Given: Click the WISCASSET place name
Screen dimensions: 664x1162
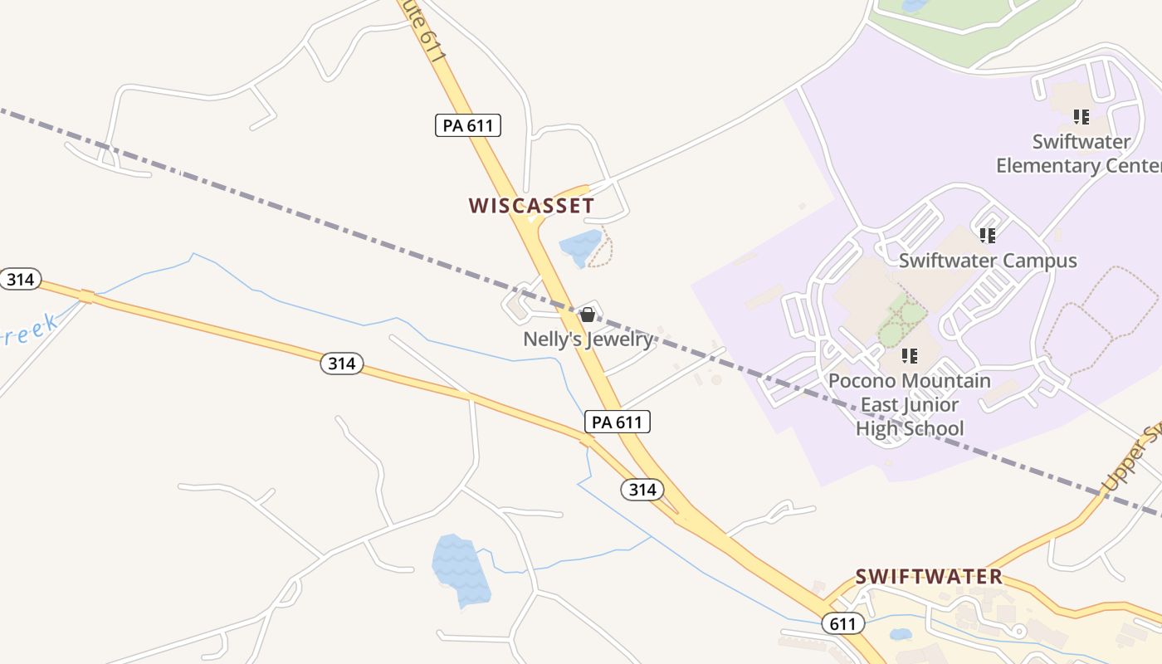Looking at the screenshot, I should [x=531, y=206].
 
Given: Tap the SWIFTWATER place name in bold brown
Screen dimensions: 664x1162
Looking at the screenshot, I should [x=929, y=576].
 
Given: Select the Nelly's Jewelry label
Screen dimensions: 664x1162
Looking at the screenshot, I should [x=588, y=339].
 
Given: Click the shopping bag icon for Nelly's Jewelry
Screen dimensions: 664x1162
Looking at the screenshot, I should [x=588, y=315].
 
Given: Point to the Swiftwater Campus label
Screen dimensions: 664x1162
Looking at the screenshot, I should [x=988, y=261].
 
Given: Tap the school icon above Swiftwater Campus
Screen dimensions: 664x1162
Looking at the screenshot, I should [x=987, y=236].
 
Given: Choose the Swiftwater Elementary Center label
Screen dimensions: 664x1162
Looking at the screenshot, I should [x=1079, y=154].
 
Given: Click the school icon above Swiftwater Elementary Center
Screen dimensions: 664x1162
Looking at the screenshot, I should [x=1081, y=117].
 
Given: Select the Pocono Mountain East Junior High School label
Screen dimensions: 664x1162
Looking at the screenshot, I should [x=910, y=404].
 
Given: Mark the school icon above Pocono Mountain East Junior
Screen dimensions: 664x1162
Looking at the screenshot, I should [x=910, y=356].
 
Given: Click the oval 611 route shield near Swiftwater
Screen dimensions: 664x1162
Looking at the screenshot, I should [x=842, y=623].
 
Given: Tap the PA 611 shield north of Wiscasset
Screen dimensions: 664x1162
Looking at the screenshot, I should [x=468, y=125].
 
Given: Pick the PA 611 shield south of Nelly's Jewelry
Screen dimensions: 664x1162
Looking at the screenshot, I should [x=617, y=422].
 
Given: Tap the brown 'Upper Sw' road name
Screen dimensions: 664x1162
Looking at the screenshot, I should [x=1130, y=461].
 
